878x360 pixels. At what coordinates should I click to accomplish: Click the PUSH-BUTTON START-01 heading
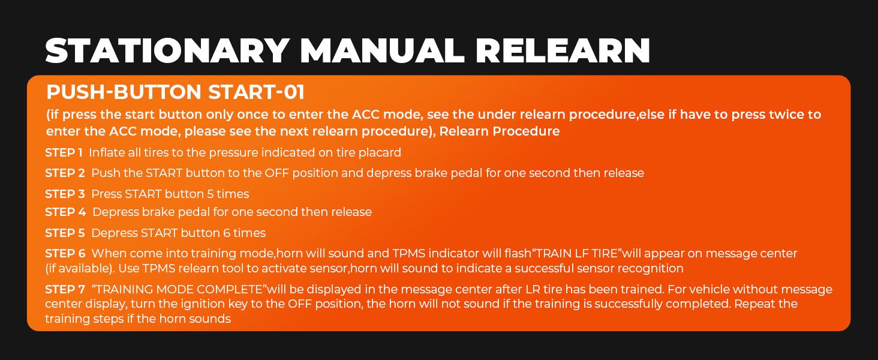(175, 92)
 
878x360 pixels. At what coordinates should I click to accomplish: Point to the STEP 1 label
(64, 153)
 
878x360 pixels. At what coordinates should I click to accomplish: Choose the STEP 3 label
(65, 194)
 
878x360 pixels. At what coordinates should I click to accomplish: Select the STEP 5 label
(65, 233)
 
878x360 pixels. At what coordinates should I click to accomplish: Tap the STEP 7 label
(65, 290)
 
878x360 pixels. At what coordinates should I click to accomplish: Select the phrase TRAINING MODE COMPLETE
(179, 290)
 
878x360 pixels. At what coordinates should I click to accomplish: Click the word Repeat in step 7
(754, 304)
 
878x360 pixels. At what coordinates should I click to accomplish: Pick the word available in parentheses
(82, 268)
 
